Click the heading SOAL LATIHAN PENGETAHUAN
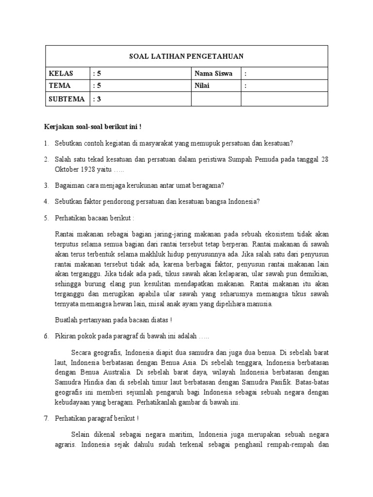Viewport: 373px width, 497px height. pos(186,56)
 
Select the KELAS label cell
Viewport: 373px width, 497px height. pos(61,74)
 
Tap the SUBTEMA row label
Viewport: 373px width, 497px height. pos(67,99)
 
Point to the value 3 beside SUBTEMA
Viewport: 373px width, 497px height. pos(99,99)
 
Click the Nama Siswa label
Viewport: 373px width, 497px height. pos(213,74)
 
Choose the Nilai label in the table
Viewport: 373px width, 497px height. pos(203,86)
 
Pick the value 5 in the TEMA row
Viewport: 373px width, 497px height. pos(99,86)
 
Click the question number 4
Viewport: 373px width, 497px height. pos(46,200)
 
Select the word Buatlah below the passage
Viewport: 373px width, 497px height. pos(68,320)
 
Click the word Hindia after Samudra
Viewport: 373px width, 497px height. pos(92,383)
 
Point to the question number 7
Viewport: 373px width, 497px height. pos(46,419)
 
